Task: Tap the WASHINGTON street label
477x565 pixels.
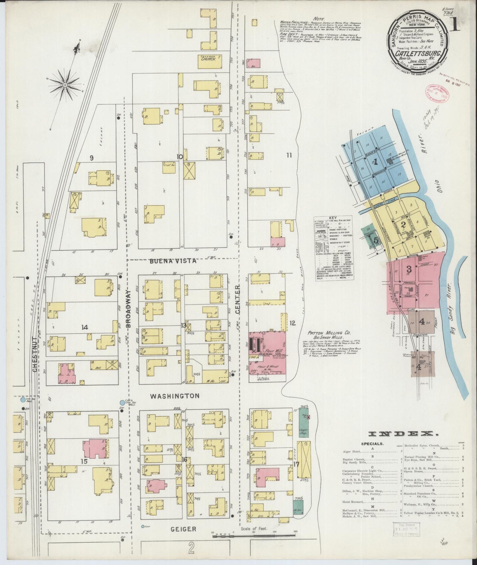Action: pos(175,396)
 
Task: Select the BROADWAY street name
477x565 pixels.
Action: pos(129,308)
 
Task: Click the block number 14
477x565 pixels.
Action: pos(85,327)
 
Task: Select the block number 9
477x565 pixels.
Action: pos(91,158)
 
